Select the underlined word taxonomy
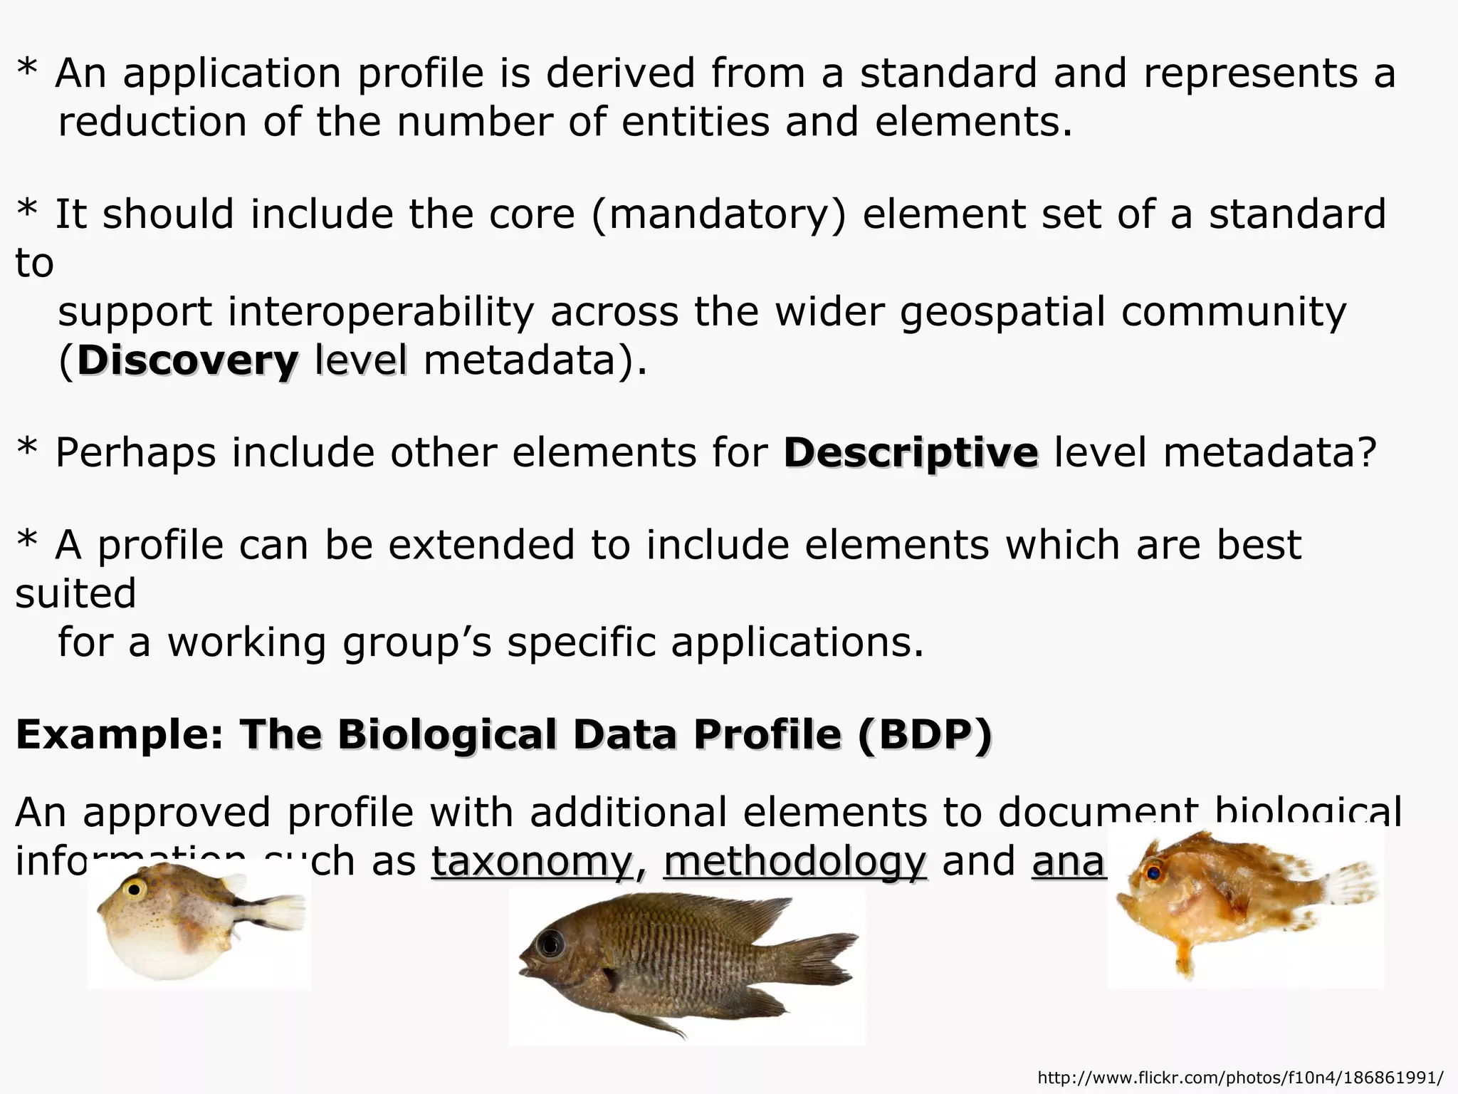pos(531,861)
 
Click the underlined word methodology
pos(794,861)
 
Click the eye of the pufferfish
pos(133,888)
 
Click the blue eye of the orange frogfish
pos(1153,871)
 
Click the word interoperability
pos(381,312)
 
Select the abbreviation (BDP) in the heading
pos(924,734)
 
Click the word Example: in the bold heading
pos(120,734)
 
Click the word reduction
pos(152,122)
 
